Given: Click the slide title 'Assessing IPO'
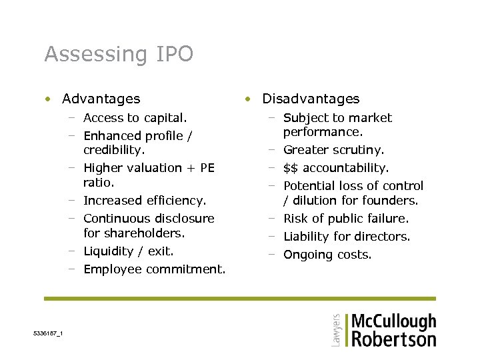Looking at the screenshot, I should pyautogui.click(x=119, y=54).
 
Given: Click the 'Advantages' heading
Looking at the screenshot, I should pyautogui.click(x=101, y=99).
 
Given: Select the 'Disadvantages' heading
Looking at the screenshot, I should pyautogui.click(x=311, y=99).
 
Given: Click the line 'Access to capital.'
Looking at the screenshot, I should pyautogui.click(x=135, y=118).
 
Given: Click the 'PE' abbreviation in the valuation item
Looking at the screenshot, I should pyautogui.click(x=207, y=168).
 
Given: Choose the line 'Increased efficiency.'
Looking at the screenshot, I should pyautogui.click(x=145, y=201).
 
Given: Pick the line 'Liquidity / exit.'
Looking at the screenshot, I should pyautogui.click(x=128, y=251).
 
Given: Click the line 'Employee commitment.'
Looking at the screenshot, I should pyautogui.click(x=155, y=269).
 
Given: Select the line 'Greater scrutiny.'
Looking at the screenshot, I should pyautogui.click(x=334, y=151).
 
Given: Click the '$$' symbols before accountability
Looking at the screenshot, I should pyautogui.click(x=291, y=168).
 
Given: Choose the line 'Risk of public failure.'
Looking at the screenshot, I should pyautogui.click(x=346, y=219).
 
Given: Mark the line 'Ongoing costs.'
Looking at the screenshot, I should pyautogui.click(x=327, y=255).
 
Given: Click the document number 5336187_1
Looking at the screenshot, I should pyautogui.click(x=48, y=333).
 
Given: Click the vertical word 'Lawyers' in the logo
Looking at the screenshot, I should pyautogui.click(x=335, y=329).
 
